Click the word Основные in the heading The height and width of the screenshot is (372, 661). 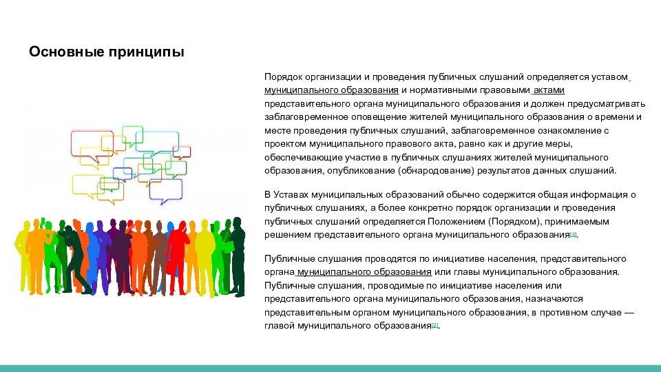66,52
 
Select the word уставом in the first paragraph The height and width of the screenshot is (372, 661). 611,77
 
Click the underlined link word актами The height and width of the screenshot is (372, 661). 549,90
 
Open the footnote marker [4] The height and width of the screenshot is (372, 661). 574,234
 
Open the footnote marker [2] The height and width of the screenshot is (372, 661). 435,324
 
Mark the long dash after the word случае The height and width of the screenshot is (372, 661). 629,313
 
